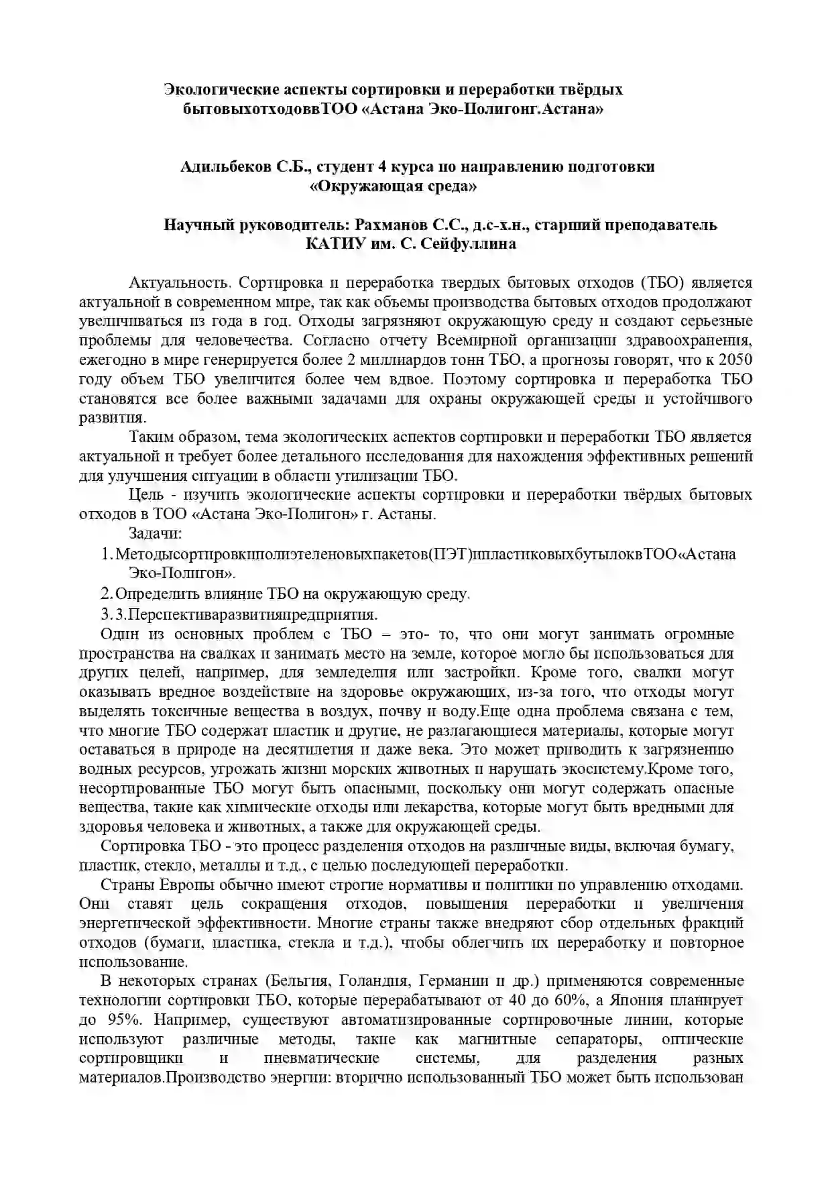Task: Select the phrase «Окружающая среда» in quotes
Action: (394, 186)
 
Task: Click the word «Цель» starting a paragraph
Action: (143, 496)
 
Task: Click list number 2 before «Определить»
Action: (106, 594)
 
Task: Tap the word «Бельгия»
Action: (300, 982)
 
